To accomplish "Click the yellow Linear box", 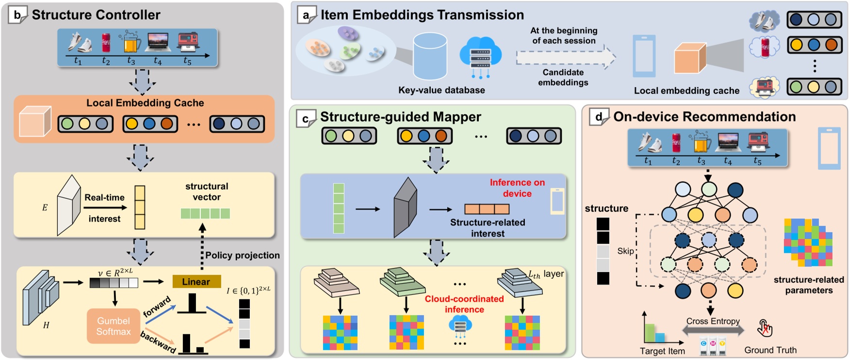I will click(x=196, y=281).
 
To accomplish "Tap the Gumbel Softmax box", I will click(x=114, y=326).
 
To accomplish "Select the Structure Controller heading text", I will click(x=96, y=15).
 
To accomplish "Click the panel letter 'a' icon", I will click(x=306, y=15).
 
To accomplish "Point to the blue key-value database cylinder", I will click(x=430, y=56).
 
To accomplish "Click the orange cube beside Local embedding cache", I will click(x=689, y=58).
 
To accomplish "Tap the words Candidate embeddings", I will click(x=563, y=77).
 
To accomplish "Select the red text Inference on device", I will click(x=517, y=188).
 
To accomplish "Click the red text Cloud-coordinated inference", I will click(x=464, y=304).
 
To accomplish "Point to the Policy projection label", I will click(x=242, y=255).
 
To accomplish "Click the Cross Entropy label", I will click(x=713, y=321).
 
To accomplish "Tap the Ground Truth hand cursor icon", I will click(x=765, y=328).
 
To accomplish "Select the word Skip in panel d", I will click(x=625, y=251).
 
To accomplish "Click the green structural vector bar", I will click(x=205, y=213).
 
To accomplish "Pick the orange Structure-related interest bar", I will click(x=487, y=209).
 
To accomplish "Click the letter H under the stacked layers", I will click(x=46, y=325).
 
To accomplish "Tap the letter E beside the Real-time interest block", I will click(x=45, y=208).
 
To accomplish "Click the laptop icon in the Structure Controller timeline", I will click(x=158, y=43).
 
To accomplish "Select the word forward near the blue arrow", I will click(x=157, y=306).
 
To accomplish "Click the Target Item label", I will click(x=662, y=351).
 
